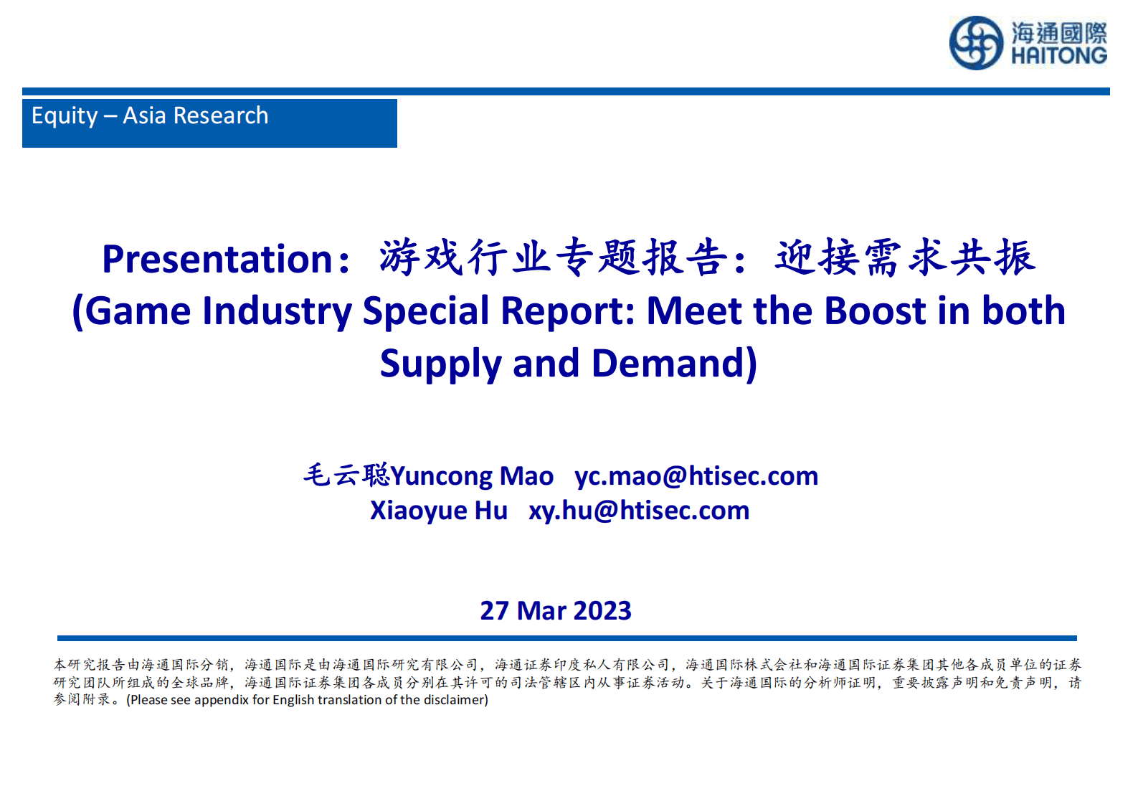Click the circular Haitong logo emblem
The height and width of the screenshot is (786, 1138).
click(975, 43)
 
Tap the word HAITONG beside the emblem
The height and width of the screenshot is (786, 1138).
click(1058, 56)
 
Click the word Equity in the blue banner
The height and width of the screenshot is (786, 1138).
click(65, 116)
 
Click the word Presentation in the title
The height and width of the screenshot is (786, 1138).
click(217, 259)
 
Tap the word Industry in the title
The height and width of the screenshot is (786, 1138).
click(278, 311)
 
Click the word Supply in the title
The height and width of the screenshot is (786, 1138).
click(440, 364)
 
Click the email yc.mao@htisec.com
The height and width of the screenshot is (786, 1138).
click(696, 476)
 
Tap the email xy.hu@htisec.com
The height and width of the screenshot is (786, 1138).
click(639, 511)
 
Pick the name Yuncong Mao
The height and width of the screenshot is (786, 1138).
click(472, 476)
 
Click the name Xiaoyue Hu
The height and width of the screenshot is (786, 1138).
click(438, 511)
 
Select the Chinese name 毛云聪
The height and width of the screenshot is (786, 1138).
click(346, 475)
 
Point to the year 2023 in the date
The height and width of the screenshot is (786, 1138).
click(602, 611)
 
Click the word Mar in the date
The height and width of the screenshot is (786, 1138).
click(541, 611)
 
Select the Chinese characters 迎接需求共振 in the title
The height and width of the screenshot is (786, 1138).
click(905, 257)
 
